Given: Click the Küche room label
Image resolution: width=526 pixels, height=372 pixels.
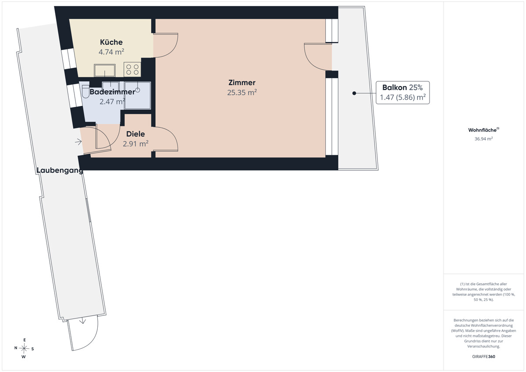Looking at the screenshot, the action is (111, 42).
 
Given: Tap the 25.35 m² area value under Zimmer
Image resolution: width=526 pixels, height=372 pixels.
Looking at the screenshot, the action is (242, 93).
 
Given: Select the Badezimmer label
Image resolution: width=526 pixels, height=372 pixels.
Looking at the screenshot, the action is (112, 92).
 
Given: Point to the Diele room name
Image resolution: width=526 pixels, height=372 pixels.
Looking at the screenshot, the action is (135, 134).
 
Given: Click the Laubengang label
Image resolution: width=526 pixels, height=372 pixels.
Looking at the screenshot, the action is (60, 170).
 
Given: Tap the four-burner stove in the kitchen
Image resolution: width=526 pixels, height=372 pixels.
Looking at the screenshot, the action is (132, 70).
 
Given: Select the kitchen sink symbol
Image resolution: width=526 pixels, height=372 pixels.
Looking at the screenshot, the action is (105, 70).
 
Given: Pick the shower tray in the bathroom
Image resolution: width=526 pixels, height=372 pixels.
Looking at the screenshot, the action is (138, 95).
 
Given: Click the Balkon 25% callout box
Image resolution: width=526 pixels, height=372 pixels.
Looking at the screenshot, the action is (403, 93).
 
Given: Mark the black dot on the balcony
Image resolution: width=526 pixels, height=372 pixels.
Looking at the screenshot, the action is (354, 93).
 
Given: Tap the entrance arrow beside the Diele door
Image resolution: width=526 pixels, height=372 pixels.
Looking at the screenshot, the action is (78, 142).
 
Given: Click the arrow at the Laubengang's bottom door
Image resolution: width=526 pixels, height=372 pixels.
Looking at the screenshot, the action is (82, 321).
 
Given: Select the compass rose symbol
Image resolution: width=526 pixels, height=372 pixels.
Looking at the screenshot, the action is (24, 348).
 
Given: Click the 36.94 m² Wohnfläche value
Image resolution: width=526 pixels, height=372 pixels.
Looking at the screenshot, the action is (483, 139).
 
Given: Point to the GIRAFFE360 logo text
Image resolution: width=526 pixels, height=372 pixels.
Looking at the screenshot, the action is (483, 357).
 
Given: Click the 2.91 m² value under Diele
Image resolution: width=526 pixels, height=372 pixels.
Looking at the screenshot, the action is (135, 143).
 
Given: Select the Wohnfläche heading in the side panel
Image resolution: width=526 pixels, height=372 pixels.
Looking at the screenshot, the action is (483, 130).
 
